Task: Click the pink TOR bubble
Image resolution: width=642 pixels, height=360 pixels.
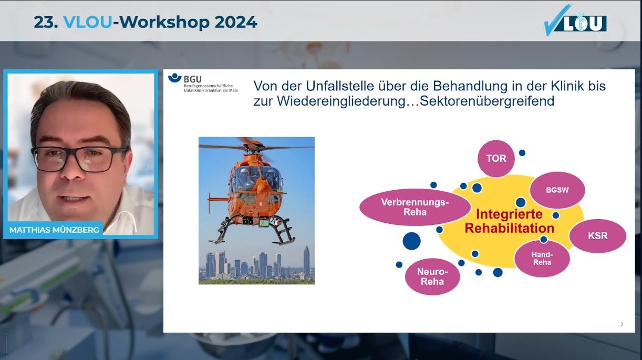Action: click(x=496, y=159)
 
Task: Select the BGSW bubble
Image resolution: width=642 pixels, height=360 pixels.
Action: click(x=557, y=190)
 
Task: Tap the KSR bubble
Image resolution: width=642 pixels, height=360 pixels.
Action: click(x=597, y=235)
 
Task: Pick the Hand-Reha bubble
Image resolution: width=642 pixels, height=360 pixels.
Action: click(x=542, y=258)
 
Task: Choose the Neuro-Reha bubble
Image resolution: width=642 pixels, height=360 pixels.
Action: click(x=432, y=276)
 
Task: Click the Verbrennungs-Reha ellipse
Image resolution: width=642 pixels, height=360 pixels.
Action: click(x=415, y=207)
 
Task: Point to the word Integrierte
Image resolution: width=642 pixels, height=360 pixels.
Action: click(x=509, y=214)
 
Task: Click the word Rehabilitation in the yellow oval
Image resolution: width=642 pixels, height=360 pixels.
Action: click(x=509, y=229)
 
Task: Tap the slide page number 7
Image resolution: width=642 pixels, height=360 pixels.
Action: click(x=622, y=324)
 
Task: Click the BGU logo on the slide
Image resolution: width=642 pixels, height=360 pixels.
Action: click(x=203, y=83)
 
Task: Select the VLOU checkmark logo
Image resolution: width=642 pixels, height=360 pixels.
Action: click(x=575, y=20)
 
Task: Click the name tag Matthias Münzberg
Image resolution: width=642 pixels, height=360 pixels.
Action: click(x=54, y=230)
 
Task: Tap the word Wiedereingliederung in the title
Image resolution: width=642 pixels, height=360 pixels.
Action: click(x=341, y=101)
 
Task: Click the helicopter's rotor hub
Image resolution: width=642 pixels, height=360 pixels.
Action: click(x=254, y=147)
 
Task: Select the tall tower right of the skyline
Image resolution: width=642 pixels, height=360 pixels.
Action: click(x=306, y=261)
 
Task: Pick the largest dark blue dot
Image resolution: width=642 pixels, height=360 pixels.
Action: click(x=411, y=241)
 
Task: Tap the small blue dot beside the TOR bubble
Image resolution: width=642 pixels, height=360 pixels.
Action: click(x=522, y=153)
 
